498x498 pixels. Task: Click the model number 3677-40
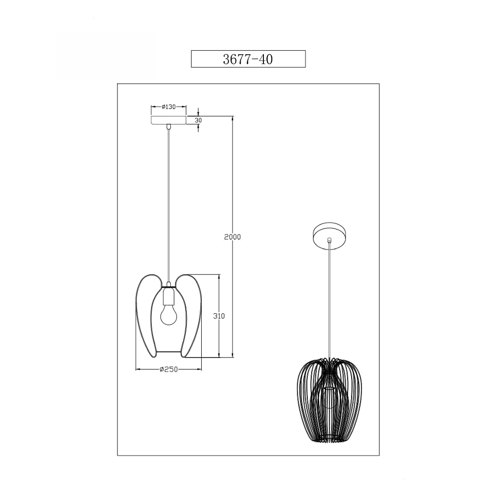[248, 59]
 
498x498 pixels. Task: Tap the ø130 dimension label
[168, 107]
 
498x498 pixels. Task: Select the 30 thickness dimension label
[198, 121]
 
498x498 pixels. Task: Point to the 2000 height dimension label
[233, 237]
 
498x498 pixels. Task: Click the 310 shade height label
[219, 316]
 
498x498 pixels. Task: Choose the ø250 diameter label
[169, 370]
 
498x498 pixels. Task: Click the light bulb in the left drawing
[168, 314]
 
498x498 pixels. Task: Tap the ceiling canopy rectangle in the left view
[168, 121]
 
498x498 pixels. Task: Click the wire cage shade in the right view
[329, 401]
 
